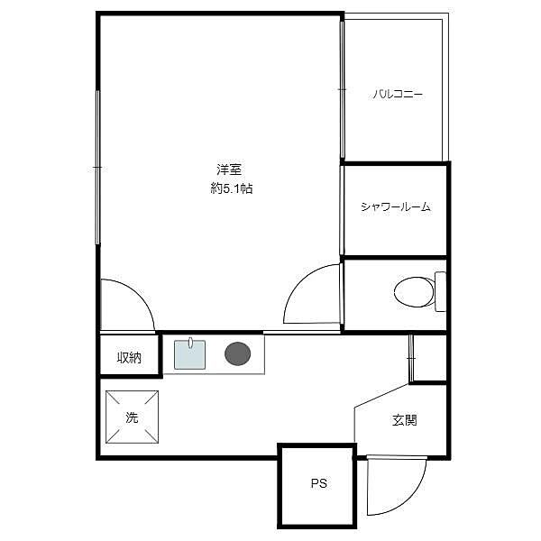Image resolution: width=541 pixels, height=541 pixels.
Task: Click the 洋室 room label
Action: coord(229,170)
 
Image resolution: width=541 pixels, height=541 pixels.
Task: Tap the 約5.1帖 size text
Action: coord(232,188)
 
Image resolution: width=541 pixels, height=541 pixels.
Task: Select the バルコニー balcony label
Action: coord(397,94)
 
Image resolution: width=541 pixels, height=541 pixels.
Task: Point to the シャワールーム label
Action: coord(396,206)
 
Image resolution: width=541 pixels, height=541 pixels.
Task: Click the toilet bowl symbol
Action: coord(414,292)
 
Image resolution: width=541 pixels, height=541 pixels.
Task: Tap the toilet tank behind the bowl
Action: coord(440,291)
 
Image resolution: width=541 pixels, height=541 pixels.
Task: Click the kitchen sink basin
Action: coord(189,354)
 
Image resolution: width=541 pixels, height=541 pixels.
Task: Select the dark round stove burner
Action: coord(238,353)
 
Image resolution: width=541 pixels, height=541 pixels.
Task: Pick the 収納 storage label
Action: coord(129,357)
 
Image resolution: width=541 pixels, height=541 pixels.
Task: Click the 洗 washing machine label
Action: coord(132,417)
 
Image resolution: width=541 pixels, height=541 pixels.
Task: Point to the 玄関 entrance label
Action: coord(404,420)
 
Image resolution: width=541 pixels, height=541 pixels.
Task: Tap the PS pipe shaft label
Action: coord(319,483)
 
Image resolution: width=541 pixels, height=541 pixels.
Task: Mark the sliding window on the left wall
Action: coord(97,168)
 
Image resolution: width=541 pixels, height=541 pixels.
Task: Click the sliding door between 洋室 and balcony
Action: coord(343,89)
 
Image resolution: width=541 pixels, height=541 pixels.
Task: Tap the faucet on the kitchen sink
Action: coord(190,342)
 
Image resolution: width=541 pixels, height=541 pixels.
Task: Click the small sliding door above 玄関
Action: coord(411,358)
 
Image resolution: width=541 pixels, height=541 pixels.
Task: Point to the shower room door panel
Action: coord(342,210)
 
